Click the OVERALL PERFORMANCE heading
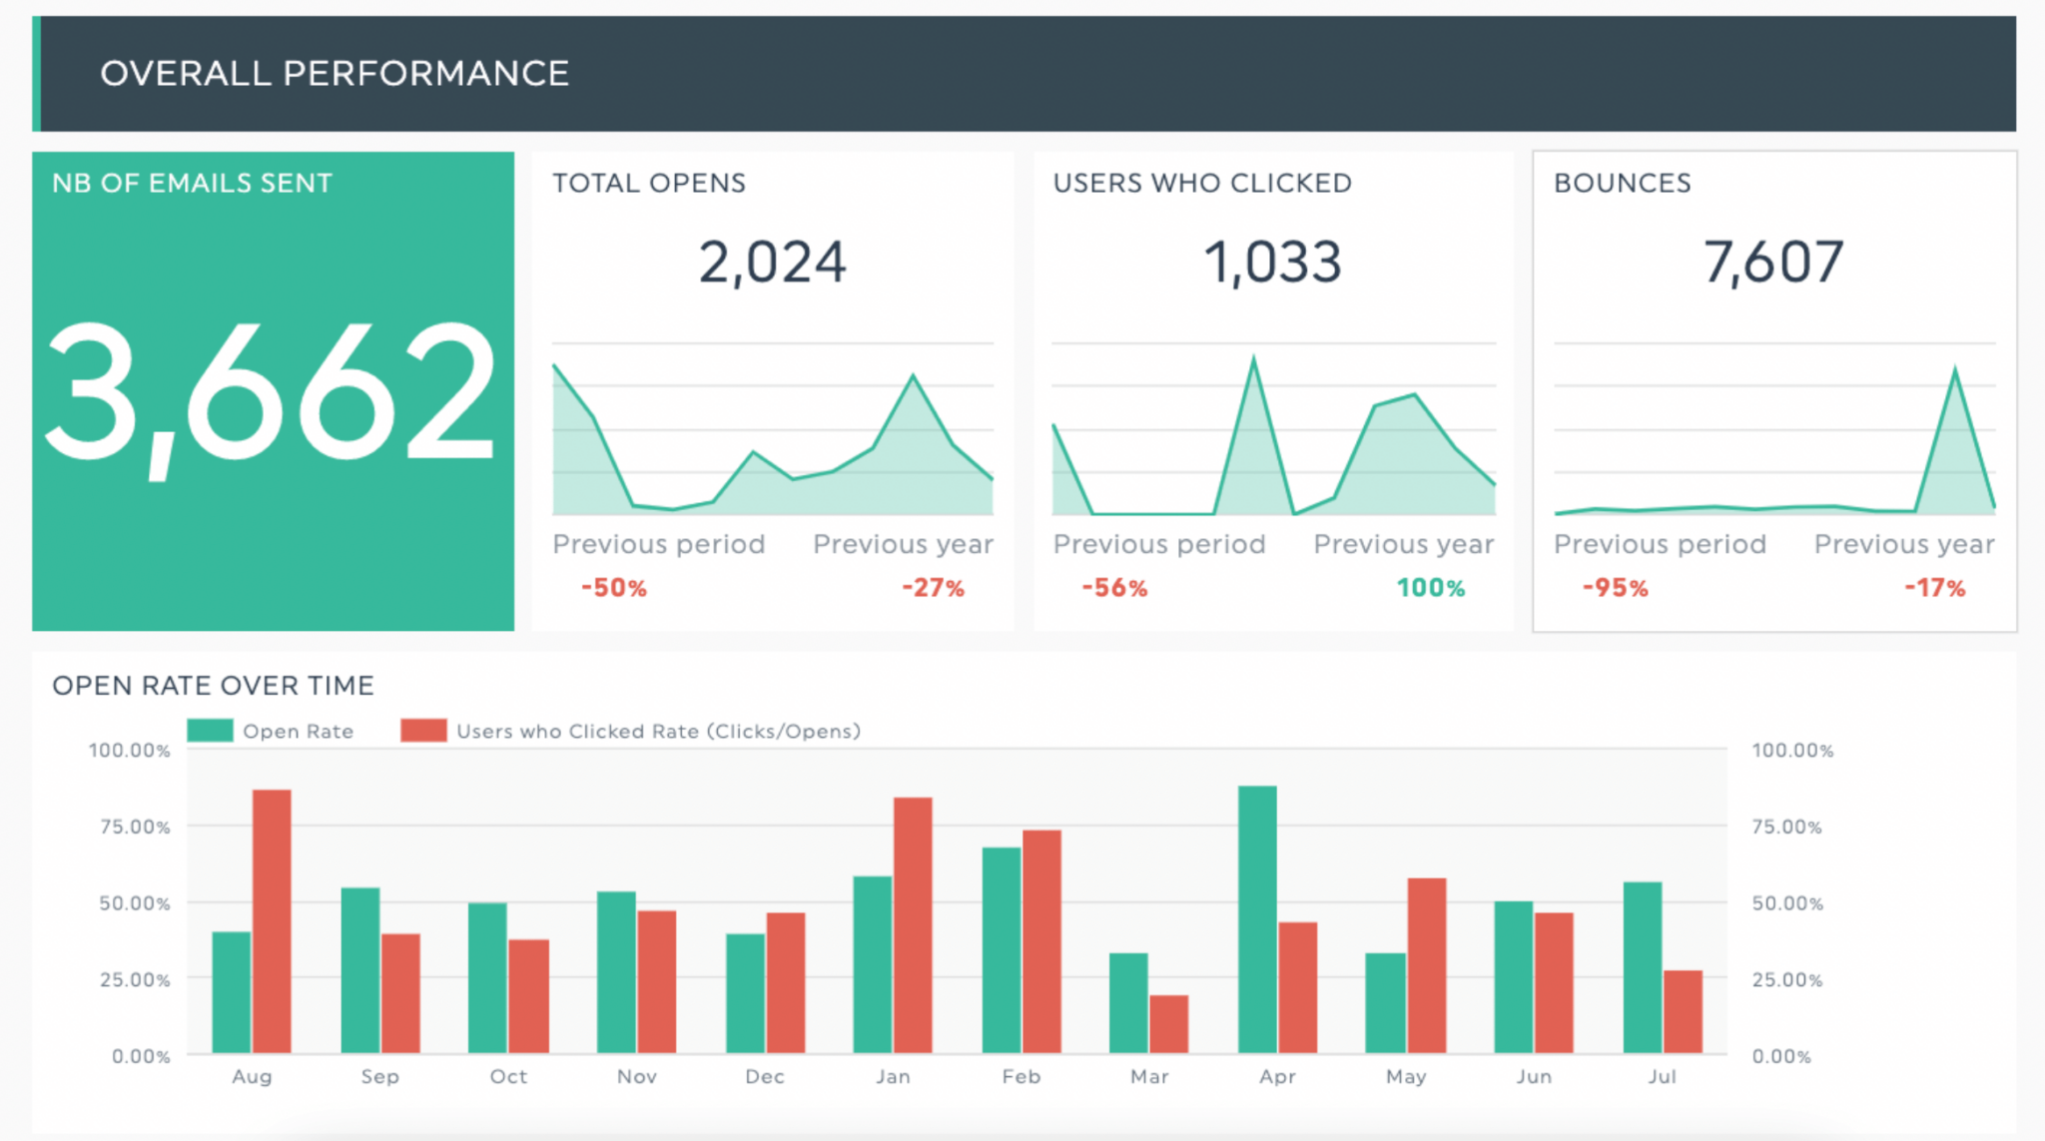coord(335,74)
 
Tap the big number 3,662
coord(271,393)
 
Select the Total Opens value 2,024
coord(772,263)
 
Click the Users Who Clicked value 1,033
coord(1272,263)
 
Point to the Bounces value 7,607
coord(1772,263)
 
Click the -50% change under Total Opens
coord(614,588)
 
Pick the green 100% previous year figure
coord(1430,588)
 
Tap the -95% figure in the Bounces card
coord(1615,588)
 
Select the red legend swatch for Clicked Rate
coord(423,731)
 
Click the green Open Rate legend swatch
coord(210,731)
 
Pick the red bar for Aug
coord(272,920)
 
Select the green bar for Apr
coord(1257,918)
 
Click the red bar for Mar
coord(1168,1023)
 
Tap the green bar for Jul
coord(1643,966)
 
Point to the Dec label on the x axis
coord(765,1076)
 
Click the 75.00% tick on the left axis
coord(135,827)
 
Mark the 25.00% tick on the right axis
coord(1786,979)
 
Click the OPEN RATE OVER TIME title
coord(213,686)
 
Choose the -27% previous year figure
coord(933,588)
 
